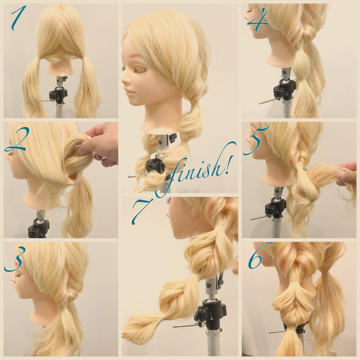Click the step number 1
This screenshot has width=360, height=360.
(18, 19)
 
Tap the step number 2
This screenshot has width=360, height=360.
(16, 140)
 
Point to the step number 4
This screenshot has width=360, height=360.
(258, 19)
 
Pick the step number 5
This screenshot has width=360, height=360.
(255, 140)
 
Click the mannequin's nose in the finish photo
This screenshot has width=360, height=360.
(125, 80)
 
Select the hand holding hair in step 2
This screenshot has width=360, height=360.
(99, 144)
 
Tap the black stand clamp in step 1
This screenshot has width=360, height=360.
(58, 94)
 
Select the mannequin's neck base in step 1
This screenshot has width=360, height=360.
(60, 69)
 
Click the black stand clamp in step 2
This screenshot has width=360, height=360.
(39, 227)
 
